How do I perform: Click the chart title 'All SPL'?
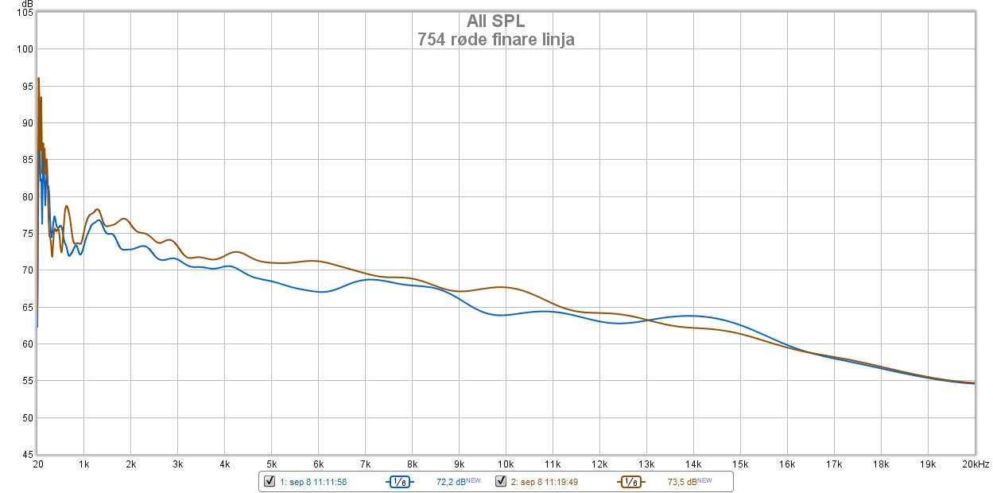[495, 21]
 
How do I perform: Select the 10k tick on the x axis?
[505, 464]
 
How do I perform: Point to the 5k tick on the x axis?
[271, 464]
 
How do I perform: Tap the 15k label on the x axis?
[739, 464]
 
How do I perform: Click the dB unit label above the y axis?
[29, 6]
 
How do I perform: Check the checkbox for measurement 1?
[269, 481]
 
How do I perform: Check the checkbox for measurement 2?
[501, 481]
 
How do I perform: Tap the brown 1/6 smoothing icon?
[630, 481]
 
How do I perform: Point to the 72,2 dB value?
[450, 482]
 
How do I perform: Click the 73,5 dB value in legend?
[681, 482]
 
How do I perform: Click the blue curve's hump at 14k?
[692, 316]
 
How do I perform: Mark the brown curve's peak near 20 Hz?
[38, 78]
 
